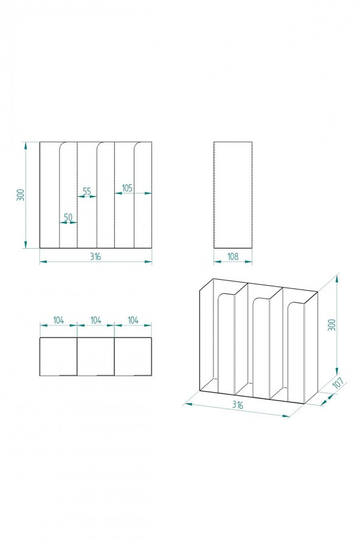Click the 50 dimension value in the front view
pyautogui.click(x=67, y=217)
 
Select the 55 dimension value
pyautogui.click(x=86, y=191)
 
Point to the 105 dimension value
pyautogui.click(x=127, y=188)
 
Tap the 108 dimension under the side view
pyautogui.click(x=233, y=257)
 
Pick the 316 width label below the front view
pyautogui.click(x=95, y=257)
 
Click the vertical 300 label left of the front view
pyautogui.click(x=21, y=195)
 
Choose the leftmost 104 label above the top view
pyautogui.click(x=58, y=320)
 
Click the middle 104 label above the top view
pyautogui.click(x=95, y=320)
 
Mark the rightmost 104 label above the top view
pyautogui.click(x=133, y=320)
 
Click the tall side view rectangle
pyautogui.click(x=233, y=195)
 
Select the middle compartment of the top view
pyautogui.click(x=95, y=356)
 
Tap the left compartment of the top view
pyautogui.click(x=58, y=356)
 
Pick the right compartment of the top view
pyautogui.click(x=133, y=356)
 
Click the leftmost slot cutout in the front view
pyautogui.click(x=67, y=195)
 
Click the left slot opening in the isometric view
pyautogui.click(x=226, y=341)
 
